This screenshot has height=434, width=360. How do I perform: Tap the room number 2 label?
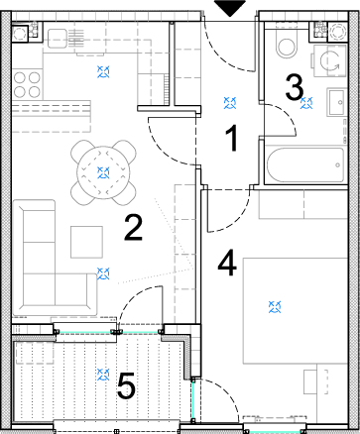coord(134,227)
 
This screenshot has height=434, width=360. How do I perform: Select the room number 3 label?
coord(295,87)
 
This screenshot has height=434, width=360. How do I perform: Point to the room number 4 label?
coord(227,263)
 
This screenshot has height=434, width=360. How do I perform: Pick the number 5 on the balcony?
coord(126,384)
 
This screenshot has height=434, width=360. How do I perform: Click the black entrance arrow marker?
coord(230,8)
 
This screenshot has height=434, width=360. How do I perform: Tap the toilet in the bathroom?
coord(287,45)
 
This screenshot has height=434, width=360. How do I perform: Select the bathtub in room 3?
coord(305,164)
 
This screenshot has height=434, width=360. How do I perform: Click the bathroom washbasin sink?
coord(337,102)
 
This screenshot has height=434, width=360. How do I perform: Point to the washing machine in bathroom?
coord(329,60)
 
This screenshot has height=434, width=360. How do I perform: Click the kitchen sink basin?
coord(58,39)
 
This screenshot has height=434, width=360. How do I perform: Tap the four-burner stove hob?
coord(27,84)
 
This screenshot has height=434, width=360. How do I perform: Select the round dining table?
coord(103,172)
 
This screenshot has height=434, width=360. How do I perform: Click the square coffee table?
coord(86,242)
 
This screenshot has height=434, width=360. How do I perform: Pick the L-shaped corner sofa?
coord(55,258)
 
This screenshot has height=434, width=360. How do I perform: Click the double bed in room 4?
coord(296,311)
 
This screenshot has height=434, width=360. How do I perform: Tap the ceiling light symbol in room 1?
coord(230,103)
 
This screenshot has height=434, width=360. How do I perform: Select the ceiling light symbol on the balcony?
coord(103,375)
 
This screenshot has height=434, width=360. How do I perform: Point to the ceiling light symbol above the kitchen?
coord(103,71)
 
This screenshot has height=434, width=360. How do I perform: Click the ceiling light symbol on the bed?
coord(275,307)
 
